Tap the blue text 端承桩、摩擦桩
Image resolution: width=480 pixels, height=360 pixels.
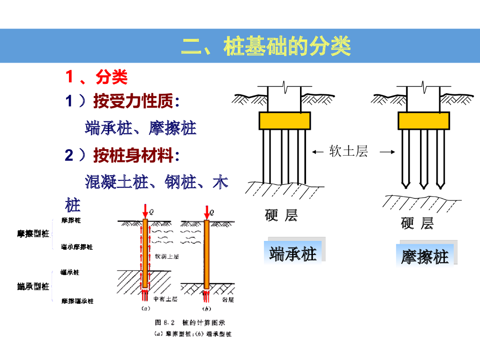pyautogui.click(x=141, y=127)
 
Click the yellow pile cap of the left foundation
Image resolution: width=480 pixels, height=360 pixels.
pyautogui.click(x=285, y=120)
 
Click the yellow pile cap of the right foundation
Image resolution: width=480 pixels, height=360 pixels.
pyautogui.click(x=424, y=120)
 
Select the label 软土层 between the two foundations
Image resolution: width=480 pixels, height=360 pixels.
pyautogui.click(x=348, y=151)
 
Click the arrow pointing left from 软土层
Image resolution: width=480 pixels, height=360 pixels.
pyautogui.click(x=318, y=151)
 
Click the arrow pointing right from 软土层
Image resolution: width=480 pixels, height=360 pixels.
pyautogui.click(x=387, y=151)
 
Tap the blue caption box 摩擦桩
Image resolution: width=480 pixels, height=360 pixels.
pyautogui.click(x=425, y=257)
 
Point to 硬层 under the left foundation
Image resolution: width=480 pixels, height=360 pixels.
pyautogui.click(x=281, y=216)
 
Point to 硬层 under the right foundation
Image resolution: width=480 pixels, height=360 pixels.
pyautogui.click(x=417, y=224)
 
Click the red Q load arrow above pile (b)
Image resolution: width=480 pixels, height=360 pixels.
pyautogui.click(x=206, y=211)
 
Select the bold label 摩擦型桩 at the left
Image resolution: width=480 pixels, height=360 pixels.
pyautogui.click(x=33, y=233)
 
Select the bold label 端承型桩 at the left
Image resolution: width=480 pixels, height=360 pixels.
pyautogui.click(x=33, y=286)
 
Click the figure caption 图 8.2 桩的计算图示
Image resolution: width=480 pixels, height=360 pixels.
pyautogui.click(x=190, y=323)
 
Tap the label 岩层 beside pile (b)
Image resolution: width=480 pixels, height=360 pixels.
pyautogui.click(x=228, y=299)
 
